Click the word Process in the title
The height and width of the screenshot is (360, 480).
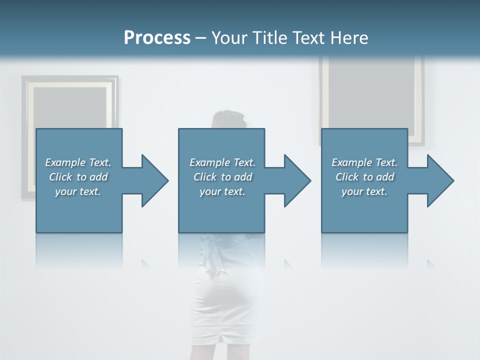(157, 38)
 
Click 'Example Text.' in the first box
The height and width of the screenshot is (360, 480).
(78, 162)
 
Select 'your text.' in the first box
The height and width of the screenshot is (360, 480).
(78, 191)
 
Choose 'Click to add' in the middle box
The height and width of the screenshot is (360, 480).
(222, 177)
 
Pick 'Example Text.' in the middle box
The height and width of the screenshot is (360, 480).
(222, 162)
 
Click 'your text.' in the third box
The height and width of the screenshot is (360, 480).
(364, 191)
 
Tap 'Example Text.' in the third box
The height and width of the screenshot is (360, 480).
(364, 162)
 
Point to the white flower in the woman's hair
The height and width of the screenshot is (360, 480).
(246, 119)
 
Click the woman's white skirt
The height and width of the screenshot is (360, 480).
(227, 300)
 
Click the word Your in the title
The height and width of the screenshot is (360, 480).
(229, 38)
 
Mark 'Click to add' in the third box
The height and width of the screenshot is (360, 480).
(364, 177)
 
